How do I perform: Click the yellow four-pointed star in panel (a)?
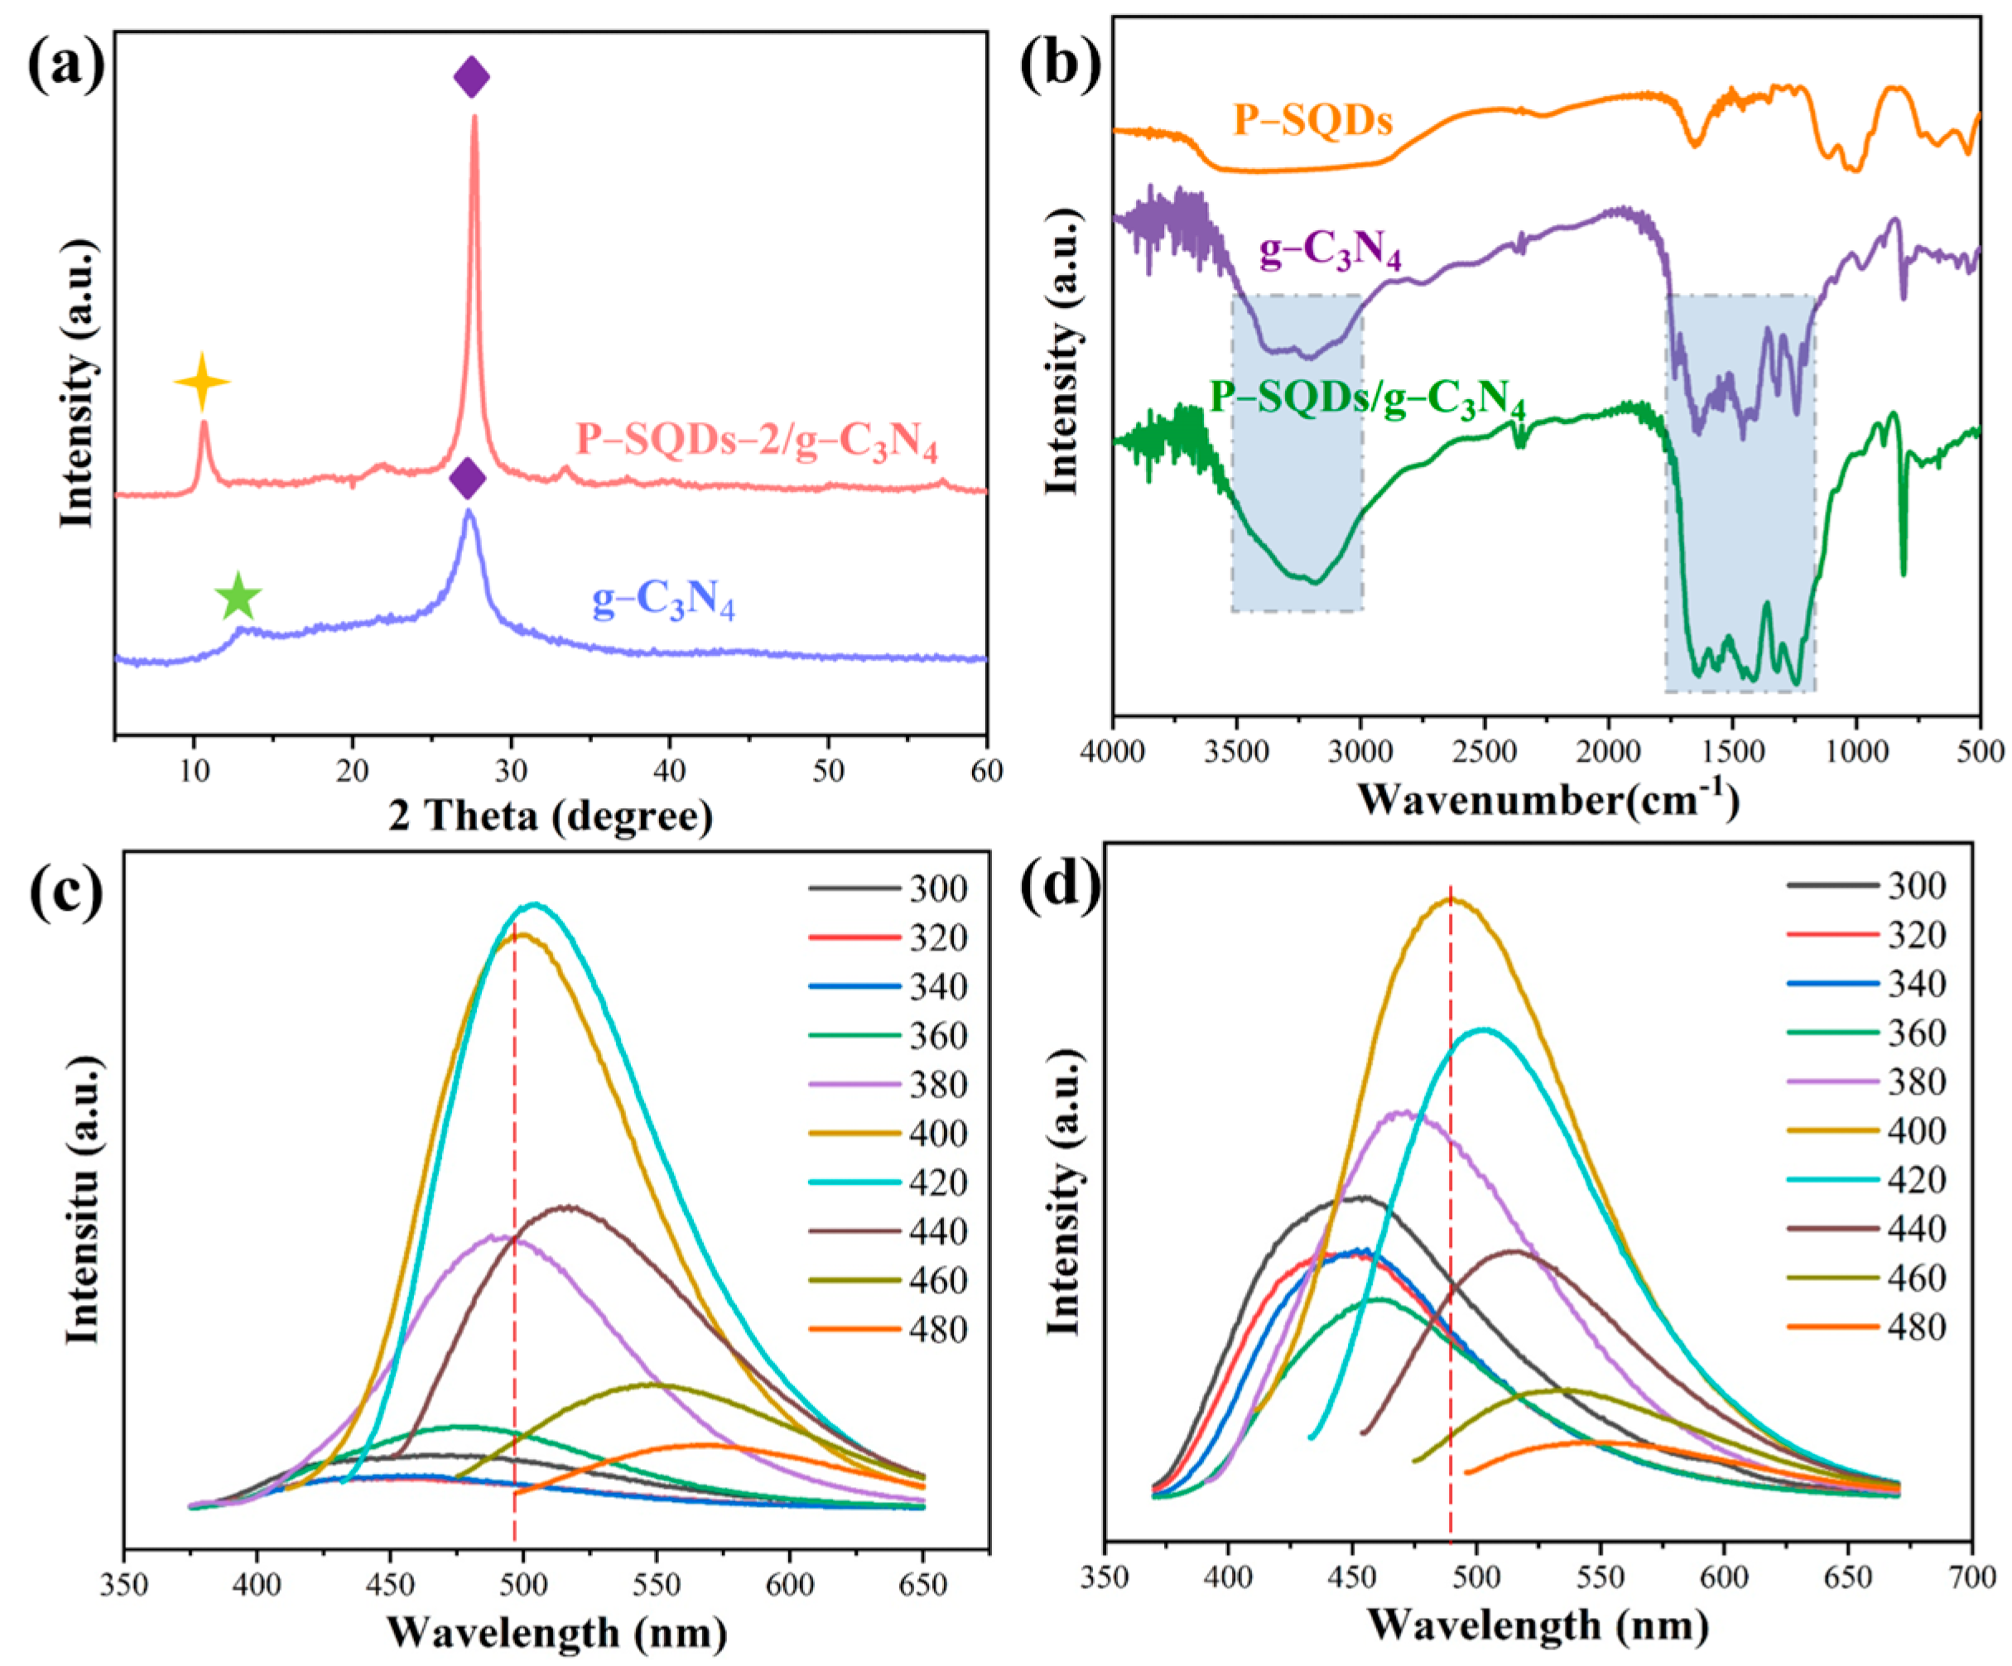point(202,381)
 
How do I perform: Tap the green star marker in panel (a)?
point(238,597)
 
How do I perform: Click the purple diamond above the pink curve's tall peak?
point(471,77)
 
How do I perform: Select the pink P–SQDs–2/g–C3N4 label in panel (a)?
point(756,441)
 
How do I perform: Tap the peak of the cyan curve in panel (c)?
point(534,903)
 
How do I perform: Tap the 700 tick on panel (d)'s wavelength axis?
point(1971,1577)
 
